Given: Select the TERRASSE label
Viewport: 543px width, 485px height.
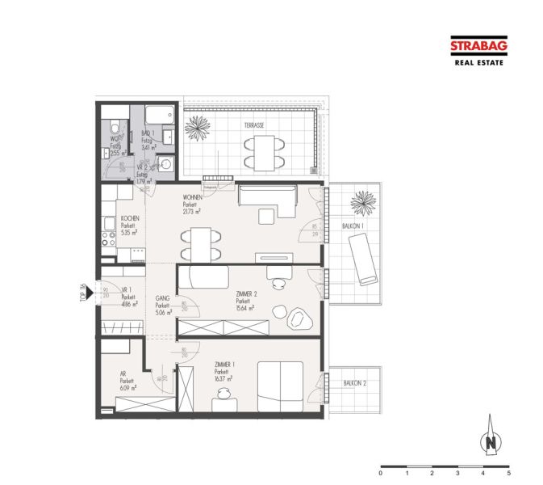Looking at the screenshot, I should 255,125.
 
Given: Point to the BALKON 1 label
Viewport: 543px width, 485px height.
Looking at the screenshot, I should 353,226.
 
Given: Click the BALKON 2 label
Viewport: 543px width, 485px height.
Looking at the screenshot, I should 355,382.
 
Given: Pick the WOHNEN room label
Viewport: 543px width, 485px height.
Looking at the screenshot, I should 192,198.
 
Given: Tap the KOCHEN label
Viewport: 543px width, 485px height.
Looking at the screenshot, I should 130,219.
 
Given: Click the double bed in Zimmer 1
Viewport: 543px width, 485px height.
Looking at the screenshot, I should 279,384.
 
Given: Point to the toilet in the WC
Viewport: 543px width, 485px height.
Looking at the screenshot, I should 117,127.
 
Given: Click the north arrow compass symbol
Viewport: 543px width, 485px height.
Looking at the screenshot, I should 490,441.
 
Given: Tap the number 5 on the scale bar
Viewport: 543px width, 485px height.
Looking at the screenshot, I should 508,473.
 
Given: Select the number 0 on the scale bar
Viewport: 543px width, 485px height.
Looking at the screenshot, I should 381,473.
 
